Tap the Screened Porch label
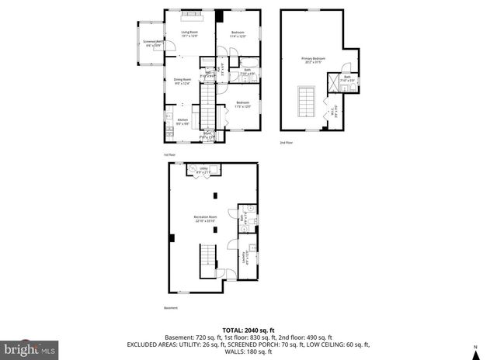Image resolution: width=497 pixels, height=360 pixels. point(153,43)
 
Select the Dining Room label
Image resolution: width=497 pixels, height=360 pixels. point(182,81)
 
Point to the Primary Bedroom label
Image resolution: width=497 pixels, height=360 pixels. point(313,60)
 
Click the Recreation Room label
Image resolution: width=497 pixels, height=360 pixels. point(205,219)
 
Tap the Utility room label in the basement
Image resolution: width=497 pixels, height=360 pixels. point(203,169)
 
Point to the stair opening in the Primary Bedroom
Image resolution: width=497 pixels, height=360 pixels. point(306,100)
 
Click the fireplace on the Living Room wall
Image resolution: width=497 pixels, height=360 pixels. point(192,15)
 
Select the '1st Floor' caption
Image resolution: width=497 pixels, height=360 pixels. point(170,155)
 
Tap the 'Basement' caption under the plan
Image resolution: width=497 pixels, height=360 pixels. point(171,308)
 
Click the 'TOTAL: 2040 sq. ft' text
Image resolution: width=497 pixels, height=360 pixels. point(248,329)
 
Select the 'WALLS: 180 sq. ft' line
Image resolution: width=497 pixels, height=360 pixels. point(248,355)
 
